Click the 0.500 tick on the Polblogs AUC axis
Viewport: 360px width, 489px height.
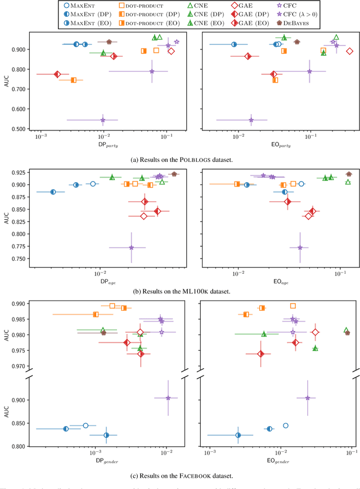20,129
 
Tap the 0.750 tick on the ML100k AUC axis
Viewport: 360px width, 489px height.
20,259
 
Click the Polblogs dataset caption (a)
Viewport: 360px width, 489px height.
179,160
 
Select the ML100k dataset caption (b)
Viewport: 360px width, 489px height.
179,292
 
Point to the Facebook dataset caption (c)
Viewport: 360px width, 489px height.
179,476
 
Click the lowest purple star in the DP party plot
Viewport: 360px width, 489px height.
103,120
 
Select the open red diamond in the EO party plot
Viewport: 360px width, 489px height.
349,51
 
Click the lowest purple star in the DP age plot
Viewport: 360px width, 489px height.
132,247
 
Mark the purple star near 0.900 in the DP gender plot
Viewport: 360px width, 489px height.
168,398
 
